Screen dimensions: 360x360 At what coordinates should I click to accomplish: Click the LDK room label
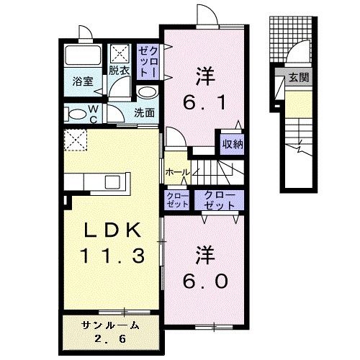112,230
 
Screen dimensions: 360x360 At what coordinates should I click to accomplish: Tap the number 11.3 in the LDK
112,256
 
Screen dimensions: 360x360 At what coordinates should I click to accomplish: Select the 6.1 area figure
204,103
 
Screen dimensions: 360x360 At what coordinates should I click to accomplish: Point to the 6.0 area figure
205,281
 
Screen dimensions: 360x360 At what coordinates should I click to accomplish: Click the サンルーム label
110,325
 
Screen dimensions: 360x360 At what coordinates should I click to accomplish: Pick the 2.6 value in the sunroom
110,338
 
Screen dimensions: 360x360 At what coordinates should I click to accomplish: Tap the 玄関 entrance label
299,78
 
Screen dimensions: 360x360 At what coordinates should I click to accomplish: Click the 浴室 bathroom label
83,81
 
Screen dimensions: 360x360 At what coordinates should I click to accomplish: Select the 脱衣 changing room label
120,71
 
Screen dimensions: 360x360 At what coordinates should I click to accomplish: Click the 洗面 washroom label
144,112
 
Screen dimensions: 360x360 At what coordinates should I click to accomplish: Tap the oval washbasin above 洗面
148,93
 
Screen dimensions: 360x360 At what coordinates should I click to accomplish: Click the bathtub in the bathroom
83,55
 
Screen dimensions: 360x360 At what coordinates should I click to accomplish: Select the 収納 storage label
233,144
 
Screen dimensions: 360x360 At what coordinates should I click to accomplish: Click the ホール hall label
178,172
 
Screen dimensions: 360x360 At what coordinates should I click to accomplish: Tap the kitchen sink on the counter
112,182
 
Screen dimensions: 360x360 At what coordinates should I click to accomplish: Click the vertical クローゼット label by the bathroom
148,61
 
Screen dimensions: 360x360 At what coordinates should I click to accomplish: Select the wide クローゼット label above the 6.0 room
219,200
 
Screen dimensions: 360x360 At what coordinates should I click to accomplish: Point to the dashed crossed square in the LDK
76,140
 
